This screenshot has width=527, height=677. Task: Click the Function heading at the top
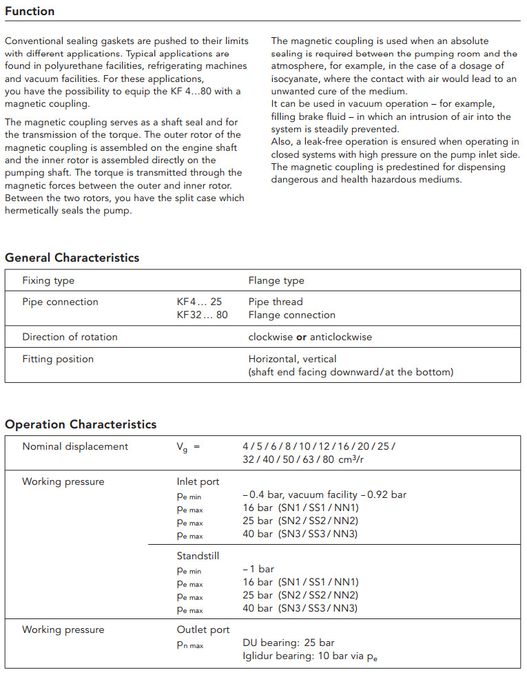tap(30, 11)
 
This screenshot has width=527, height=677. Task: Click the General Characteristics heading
tap(72, 258)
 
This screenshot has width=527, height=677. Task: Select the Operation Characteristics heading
tap(81, 424)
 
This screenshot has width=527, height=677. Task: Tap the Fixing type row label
tap(48, 280)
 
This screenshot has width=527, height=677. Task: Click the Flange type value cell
tap(276, 280)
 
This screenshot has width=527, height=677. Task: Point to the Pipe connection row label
tap(60, 302)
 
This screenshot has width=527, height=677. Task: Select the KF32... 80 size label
tap(202, 315)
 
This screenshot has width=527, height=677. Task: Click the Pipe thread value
tap(276, 302)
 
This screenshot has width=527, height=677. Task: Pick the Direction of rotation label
tap(70, 337)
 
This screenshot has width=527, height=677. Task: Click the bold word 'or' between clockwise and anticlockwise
tap(301, 337)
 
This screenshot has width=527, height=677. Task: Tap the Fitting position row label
tap(58, 359)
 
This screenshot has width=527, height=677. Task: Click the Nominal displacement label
tap(75, 446)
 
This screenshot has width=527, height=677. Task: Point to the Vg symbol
tap(182, 447)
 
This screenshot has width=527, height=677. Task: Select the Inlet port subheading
tap(198, 481)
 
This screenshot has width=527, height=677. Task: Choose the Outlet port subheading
tap(203, 629)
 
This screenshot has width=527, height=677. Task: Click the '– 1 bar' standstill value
tap(258, 569)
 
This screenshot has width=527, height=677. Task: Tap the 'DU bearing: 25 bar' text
tap(289, 643)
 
